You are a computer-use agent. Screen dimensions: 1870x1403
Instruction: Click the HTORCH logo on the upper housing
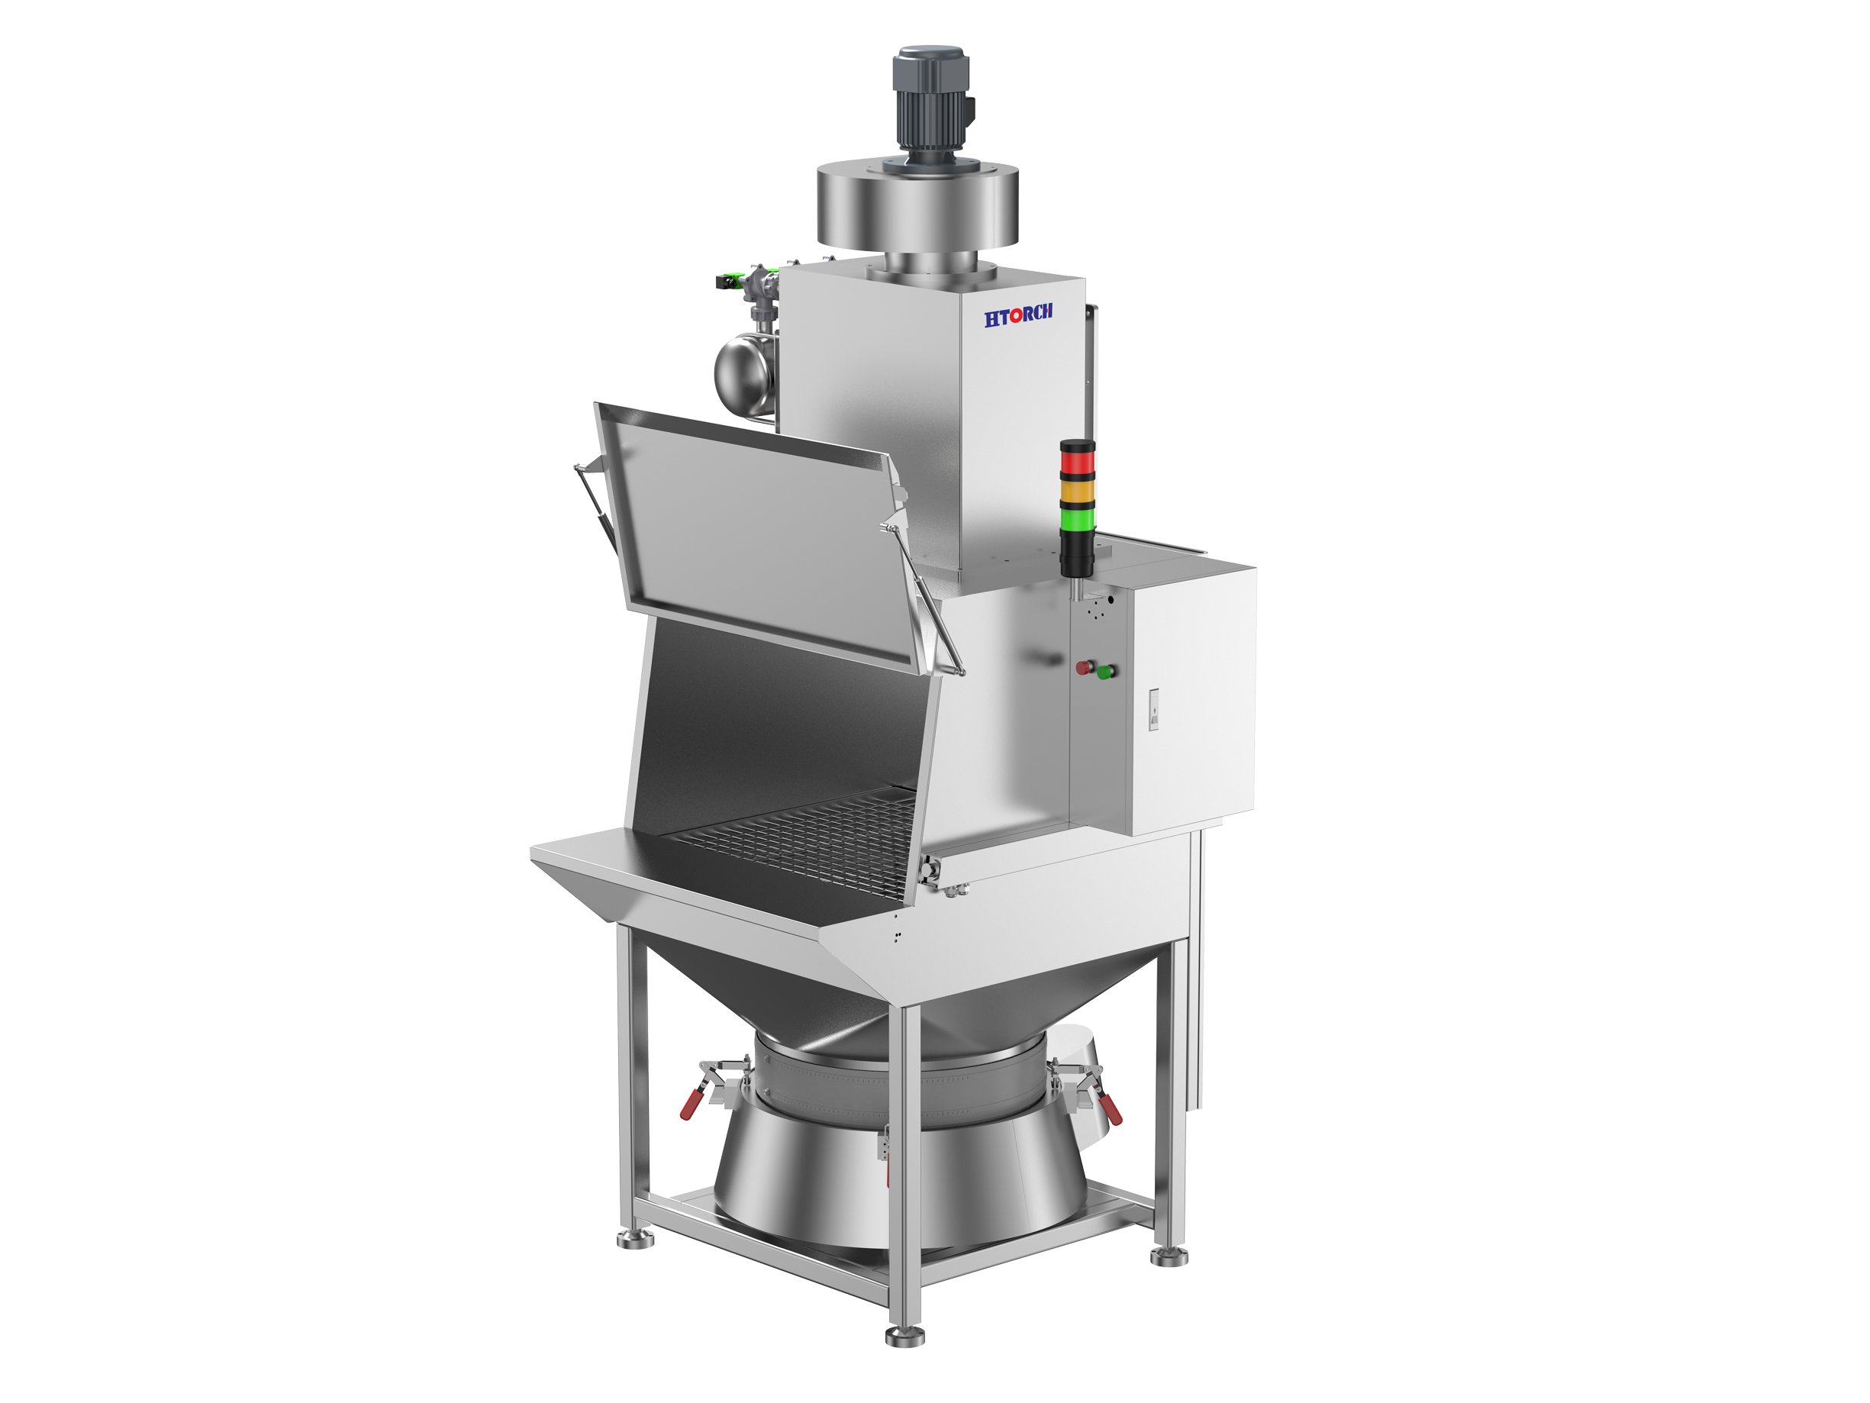(x=1018, y=315)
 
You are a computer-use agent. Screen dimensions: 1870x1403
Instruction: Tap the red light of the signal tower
(x=1077, y=463)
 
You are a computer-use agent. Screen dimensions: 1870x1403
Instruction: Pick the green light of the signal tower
(x=1077, y=518)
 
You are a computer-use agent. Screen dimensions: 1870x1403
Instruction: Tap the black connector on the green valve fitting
(x=724, y=282)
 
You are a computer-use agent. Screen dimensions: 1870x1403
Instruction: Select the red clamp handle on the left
(x=692, y=1104)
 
